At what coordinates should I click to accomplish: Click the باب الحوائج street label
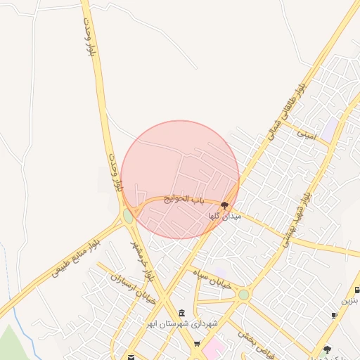[184, 200]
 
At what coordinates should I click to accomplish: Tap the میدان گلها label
[224, 217]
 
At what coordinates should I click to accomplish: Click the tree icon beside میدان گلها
[224, 205]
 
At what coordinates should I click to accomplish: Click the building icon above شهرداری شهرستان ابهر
[182, 312]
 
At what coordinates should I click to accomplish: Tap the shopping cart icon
[197, 343]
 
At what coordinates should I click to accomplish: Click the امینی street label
[307, 131]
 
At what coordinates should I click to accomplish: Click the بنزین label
[350, 300]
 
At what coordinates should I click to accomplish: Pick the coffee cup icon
[334, 315]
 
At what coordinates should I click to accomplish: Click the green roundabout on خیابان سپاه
[243, 295]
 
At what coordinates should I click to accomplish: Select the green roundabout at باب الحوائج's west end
[128, 214]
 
